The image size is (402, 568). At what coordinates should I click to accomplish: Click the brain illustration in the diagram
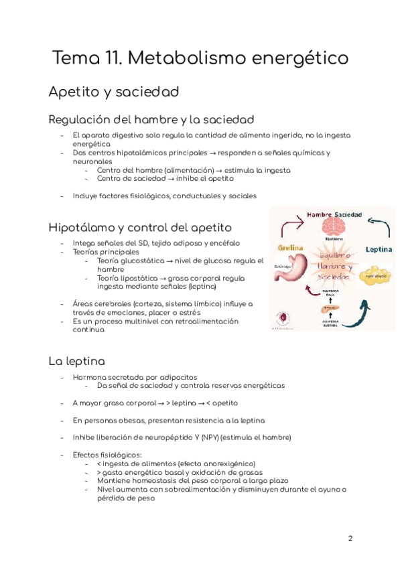click(x=333, y=226)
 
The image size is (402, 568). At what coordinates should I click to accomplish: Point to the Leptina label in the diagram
click(x=379, y=249)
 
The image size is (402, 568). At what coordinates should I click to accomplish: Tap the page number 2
click(x=350, y=539)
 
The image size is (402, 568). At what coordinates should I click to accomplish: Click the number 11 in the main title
click(x=111, y=58)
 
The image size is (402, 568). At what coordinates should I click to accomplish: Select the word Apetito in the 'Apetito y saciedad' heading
click(x=73, y=92)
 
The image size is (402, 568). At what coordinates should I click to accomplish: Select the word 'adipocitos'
click(x=176, y=377)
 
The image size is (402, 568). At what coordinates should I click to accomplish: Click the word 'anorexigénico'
click(x=225, y=464)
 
